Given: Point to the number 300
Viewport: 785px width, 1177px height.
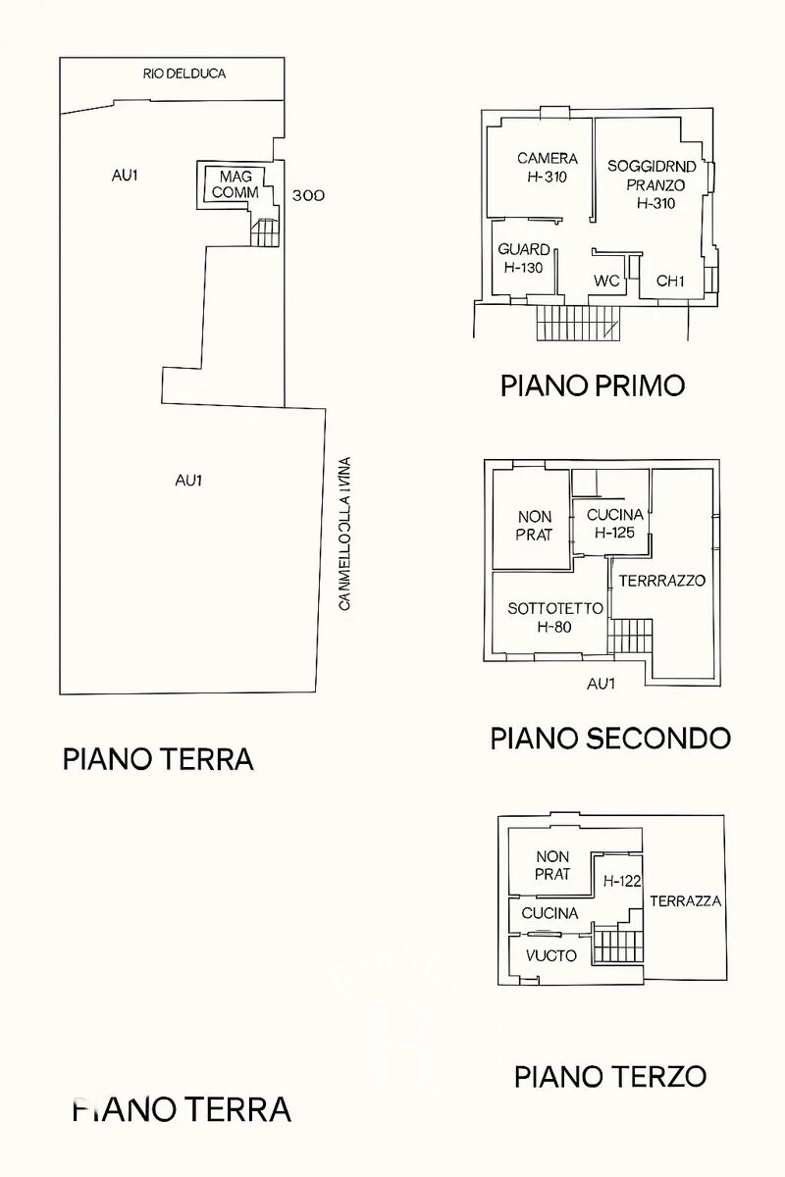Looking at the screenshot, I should pos(309,195).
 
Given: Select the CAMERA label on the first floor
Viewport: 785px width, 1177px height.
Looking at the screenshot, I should pos(548,158).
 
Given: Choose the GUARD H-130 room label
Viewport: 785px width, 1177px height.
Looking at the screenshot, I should pos(524,258).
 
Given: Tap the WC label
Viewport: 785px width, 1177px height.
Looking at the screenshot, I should pos(606,281).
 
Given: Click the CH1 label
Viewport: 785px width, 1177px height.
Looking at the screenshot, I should pos(670,281).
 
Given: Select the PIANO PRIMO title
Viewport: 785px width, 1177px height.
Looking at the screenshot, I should pos(593,385).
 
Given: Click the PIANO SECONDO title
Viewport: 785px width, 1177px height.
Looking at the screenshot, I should pos(610,738).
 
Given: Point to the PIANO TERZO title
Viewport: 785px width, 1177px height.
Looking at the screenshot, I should pos(610,1076).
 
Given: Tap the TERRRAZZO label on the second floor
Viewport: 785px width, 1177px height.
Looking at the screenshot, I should pos(662,581).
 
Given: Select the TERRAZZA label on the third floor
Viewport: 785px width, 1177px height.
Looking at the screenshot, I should pos(686,900).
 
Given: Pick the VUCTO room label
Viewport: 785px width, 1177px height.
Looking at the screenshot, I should pos(550,955).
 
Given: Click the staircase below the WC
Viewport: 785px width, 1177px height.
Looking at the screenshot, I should pos(579,324).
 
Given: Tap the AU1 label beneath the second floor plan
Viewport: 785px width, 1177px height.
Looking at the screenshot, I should pos(601,684).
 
